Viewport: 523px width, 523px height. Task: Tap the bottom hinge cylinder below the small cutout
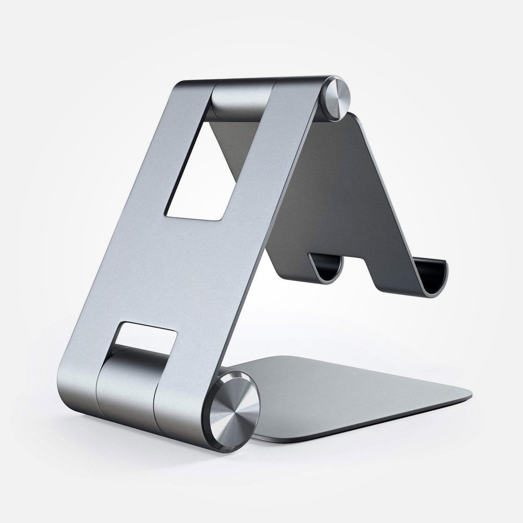pos(130,381)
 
